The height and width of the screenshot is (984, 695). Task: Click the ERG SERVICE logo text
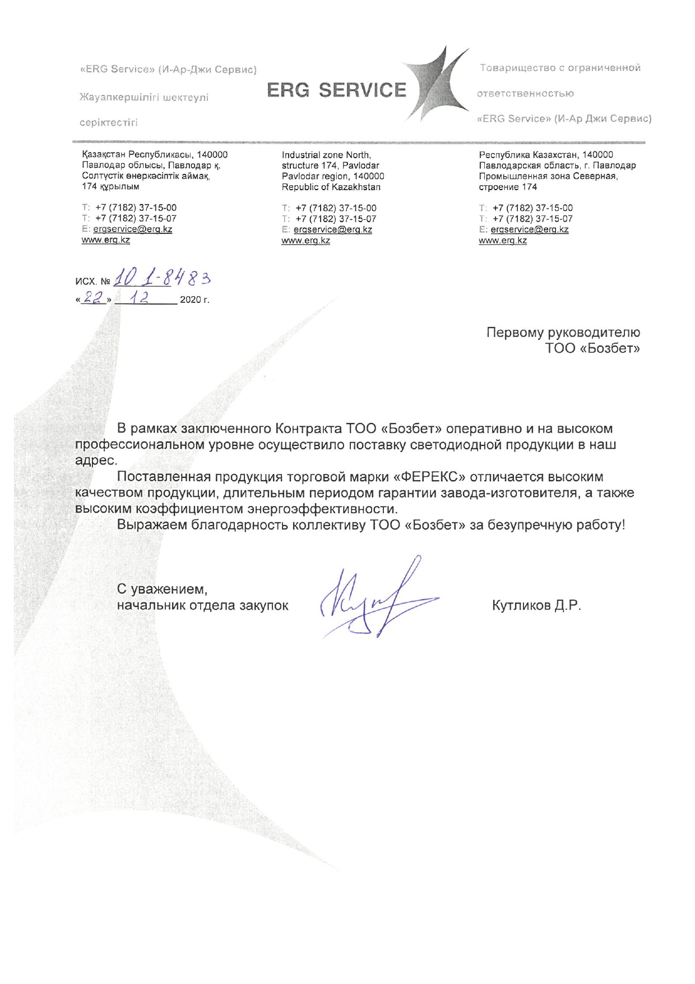(x=336, y=90)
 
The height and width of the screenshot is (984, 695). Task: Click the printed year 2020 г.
(x=194, y=300)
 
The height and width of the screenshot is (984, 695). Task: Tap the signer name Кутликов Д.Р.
(x=536, y=606)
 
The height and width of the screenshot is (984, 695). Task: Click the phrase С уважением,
(x=162, y=589)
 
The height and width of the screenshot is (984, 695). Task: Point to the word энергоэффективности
(x=322, y=509)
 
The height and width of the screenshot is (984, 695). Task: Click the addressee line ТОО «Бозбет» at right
(x=592, y=348)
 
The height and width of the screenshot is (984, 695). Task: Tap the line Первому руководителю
(x=563, y=333)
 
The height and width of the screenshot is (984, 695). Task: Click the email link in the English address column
(x=332, y=229)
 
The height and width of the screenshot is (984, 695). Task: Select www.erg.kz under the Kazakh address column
(x=106, y=240)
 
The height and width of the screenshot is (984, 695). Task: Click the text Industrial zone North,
(x=326, y=155)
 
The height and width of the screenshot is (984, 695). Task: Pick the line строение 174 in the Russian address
(x=507, y=187)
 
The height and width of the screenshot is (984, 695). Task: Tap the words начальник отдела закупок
(x=202, y=606)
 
